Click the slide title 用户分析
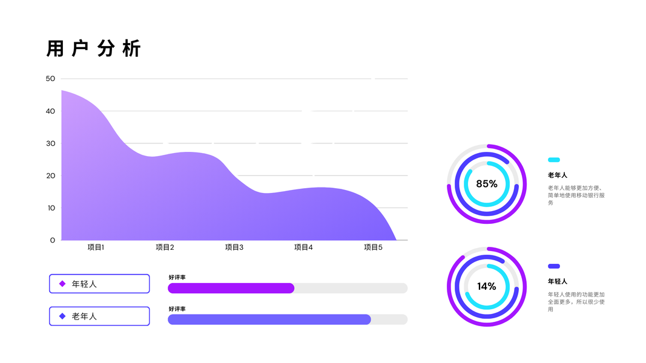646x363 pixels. click(x=94, y=48)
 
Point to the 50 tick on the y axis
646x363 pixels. click(x=50, y=79)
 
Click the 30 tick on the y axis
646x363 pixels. click(x=50, y=143)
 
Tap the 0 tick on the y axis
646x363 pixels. click(x=52, y=240)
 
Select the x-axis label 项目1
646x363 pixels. click(x=96, y=247)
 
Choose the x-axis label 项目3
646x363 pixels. click(x=234, y=247)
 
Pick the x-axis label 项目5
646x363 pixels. click(x=373, y=247)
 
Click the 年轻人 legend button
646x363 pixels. click(x=99, y=284)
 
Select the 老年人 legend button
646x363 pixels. click(x=99, y=316)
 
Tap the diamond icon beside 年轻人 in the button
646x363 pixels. click(x=62, y=284)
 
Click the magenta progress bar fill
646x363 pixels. click(x=231, y=288)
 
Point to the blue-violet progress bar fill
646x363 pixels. click(x=269, y=319)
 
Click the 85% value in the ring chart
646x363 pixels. click(x=487, y=184)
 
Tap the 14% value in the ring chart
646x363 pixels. click(x=487, y=286)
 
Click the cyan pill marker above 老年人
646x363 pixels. click(x=553, y=160)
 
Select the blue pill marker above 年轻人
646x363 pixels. click(x=553, y=266)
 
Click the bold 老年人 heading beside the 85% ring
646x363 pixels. click(x=558, y=175)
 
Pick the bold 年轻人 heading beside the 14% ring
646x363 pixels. click(x=558, y=281)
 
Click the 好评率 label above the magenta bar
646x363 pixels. click(x=177, y=277)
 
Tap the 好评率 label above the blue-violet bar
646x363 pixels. click(x=177, y=309)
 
